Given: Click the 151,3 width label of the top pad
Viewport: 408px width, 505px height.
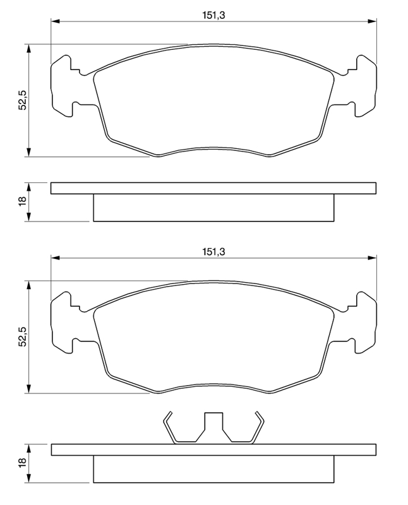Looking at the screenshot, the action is tap(213, 15).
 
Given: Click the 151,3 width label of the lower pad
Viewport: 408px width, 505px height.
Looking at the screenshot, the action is tap(213, 251).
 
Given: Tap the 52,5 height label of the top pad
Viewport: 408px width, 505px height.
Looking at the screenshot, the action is tap(23, 100).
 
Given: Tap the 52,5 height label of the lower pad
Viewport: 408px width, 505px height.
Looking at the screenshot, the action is tap(23, 336).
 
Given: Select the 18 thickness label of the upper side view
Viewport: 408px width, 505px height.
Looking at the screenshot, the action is tap(23, 201).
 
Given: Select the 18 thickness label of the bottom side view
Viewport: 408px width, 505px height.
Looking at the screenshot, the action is tap(23, 463).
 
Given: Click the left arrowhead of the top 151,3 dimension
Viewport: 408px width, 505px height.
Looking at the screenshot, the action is tap(56, 21).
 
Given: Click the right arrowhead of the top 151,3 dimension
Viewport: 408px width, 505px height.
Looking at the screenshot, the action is tap(372, 21).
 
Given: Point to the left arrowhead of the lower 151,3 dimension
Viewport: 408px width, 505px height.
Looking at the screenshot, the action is tap(56, 258).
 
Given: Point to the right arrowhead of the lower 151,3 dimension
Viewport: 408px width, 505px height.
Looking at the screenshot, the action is tap(372, 258).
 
